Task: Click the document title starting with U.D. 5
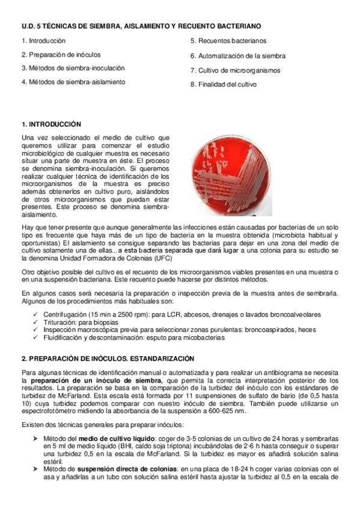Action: [141, 26]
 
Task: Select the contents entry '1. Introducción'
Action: [43, 41]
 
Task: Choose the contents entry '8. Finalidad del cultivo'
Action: [224, 85]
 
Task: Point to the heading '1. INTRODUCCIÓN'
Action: [51, 124]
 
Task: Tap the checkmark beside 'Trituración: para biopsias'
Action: [37, 322]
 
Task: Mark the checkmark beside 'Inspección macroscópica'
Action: [37, 330]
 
